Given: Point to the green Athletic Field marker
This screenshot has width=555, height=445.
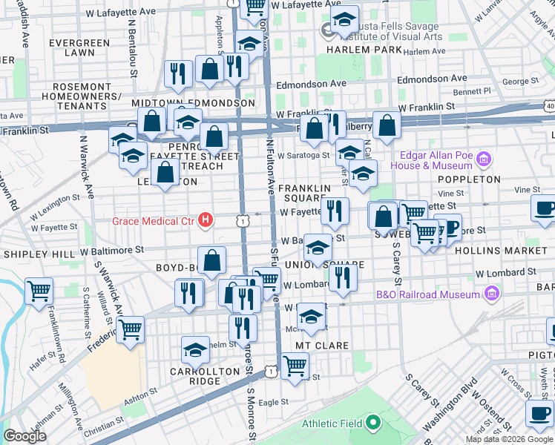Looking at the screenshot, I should [x=372, y=423].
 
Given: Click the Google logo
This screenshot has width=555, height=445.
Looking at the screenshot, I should [x=24, y=436].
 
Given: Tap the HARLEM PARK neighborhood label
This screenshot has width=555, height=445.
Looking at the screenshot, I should [x=361, y=50].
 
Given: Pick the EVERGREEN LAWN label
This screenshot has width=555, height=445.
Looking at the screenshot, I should [x=71, y=47].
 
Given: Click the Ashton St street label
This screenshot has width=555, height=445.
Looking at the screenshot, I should [x=128, y=398].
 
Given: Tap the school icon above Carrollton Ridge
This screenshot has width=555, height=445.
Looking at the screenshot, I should [x=195, y=349].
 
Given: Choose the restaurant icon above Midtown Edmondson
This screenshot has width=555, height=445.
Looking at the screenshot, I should [x=178, y=72].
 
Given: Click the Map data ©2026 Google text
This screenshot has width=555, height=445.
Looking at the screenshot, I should [x=508, y=439].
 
